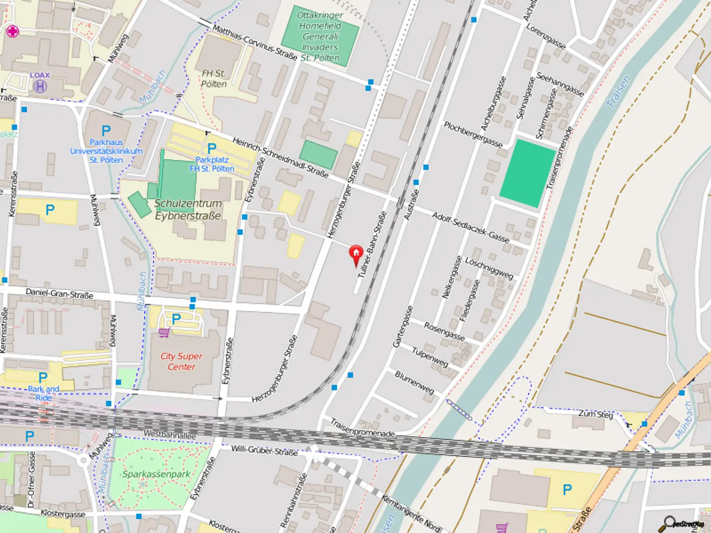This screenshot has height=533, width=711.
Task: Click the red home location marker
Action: tap(356, 254)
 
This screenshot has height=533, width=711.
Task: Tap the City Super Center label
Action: tap(181, 361)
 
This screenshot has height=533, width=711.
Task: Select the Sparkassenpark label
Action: tap(156, 474)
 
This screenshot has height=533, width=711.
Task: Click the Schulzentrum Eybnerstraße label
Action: tap(188, 210)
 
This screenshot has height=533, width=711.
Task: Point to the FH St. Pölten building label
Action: tap(214, 79)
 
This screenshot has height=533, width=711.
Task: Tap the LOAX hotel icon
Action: tap(40, 86)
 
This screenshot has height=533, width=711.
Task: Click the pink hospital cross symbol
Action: tap(12, 31)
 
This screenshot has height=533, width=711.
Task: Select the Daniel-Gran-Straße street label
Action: tap(59, 293)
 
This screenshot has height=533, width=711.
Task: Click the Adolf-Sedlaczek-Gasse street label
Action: tap(470, 227)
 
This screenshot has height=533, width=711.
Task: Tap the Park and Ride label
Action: tap(44, 393)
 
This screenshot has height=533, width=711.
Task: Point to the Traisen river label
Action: tap(618, 92)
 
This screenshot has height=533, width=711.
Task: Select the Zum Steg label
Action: tap(595, 414)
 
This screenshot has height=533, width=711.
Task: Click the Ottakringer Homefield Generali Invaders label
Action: tap(320, 37)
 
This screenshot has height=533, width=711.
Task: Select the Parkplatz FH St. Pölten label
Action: tap(212, 164)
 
